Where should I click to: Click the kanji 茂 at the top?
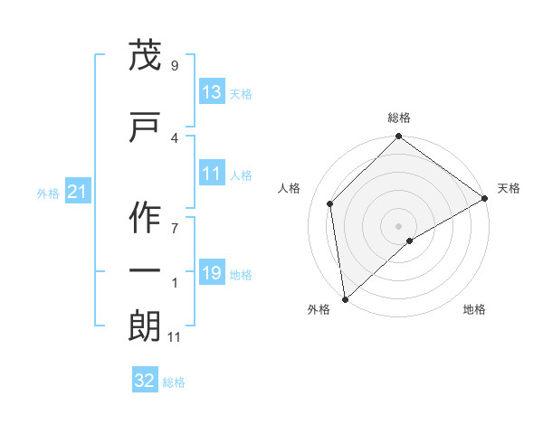pyautogui.click(x=146, y=56)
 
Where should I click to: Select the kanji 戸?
pyautogui.click(x=146, y=127)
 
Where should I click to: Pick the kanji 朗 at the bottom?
pyautogui.click(x=146, y=326)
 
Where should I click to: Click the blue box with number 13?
pyautogui.click(x=212, y=92)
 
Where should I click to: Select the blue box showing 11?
pyautogui.click(x=212, y=174)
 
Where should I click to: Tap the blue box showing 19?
pyautogui.click(x=212, y=273)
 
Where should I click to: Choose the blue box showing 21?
pyautogui.click(x=76, y=193)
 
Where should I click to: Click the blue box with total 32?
pyautogui.click(x=145, y=382)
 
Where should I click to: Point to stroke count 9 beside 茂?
pyautogui.click(x=175, y=65)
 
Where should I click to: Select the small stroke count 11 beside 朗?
pyautogui.click(x=175, y=337)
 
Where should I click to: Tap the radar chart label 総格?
pyautogui.click(x=399, y=118)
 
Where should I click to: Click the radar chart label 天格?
pyautogui.click(x=509, y=188)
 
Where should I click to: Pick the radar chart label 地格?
pyautogui.click(x=474, y=309)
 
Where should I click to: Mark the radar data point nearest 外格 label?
pyautogui.click(x=345, y=299)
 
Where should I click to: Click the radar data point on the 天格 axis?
pyautogui.click(x=485, y=198)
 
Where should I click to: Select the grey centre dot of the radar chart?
pyautogui.click(x=399, y=225)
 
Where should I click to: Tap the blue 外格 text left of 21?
pyautogui.click(x=48, y=194)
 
